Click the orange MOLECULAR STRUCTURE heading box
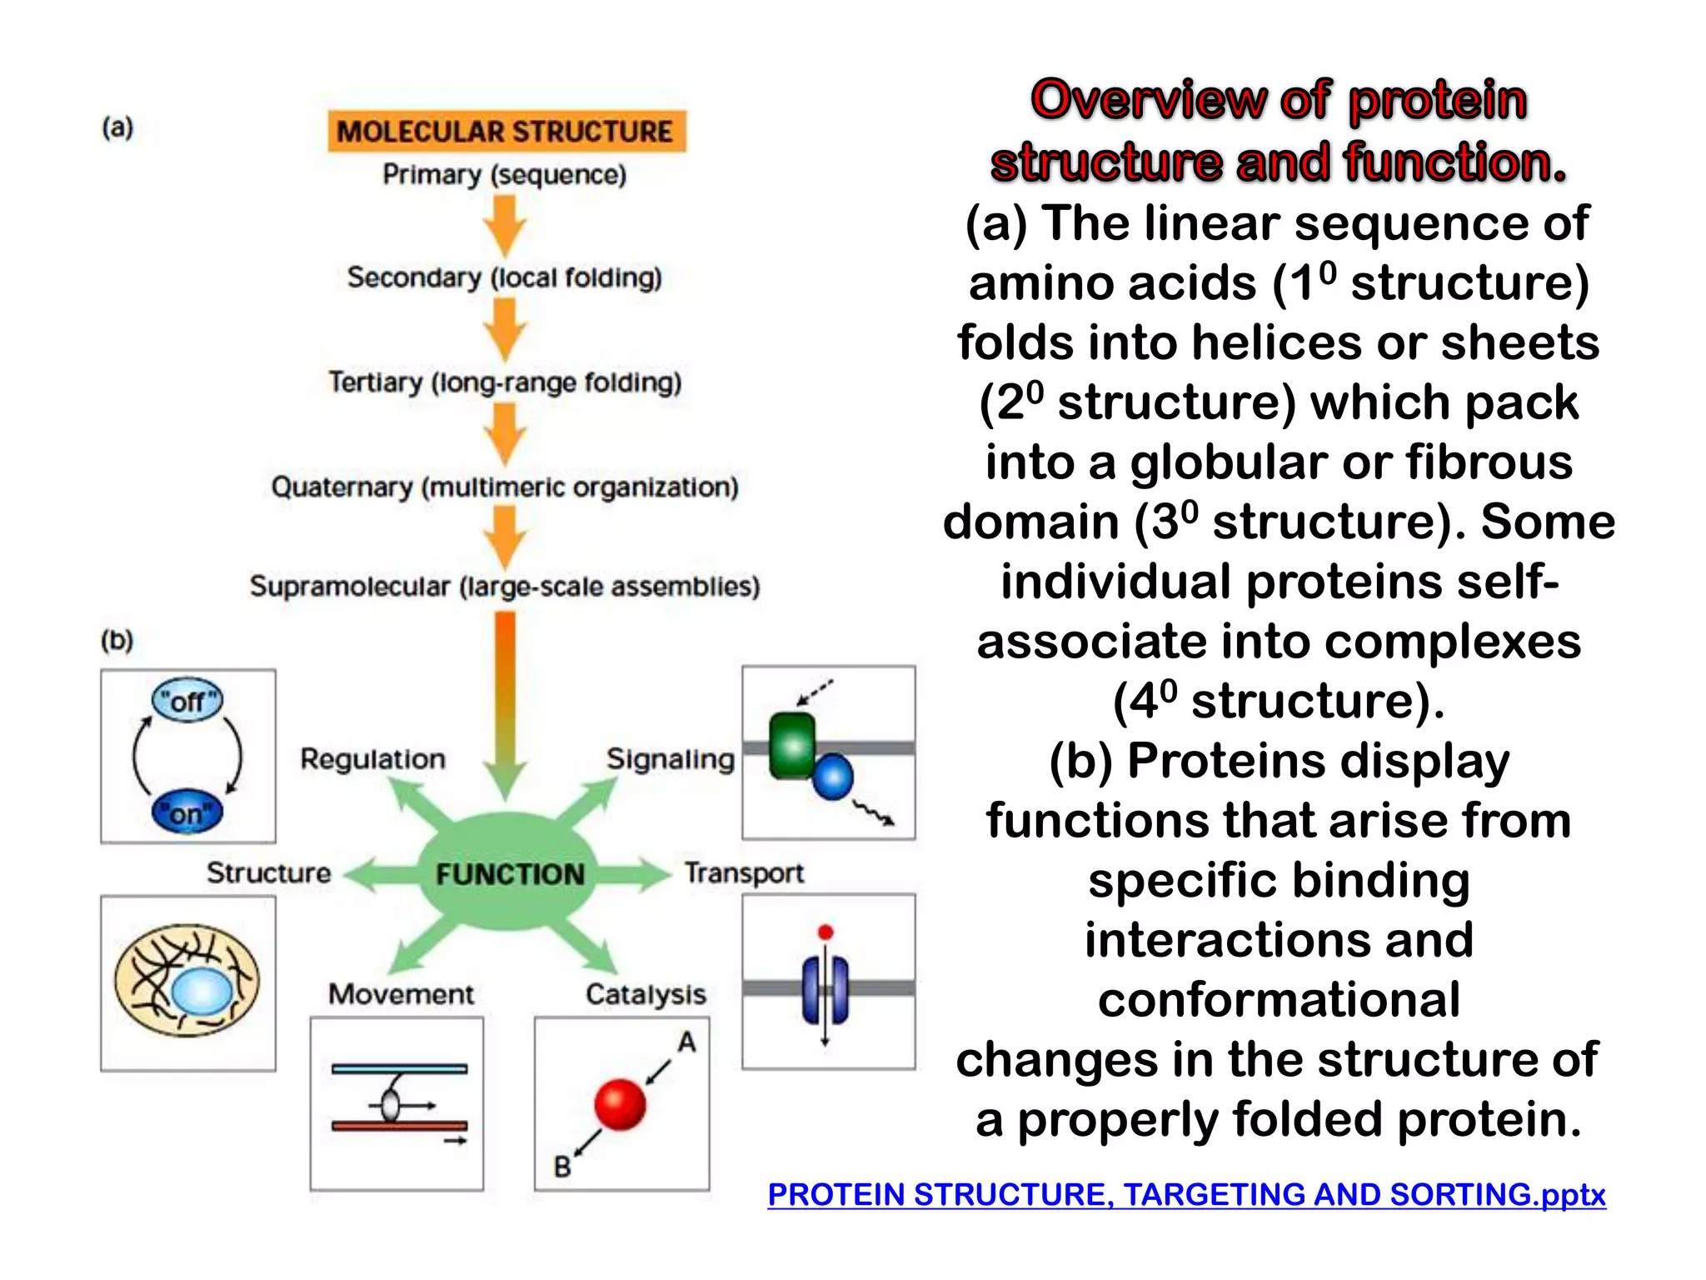pyautogui.click(x=506, y=132)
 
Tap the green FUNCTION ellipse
pyautogui.click(x=509, y=873)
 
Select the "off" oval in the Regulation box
pyautogui.click(x=187, y=701)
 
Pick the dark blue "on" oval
pyautogui.click(x=187, y=812)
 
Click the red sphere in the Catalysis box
pyautogui.click(x=620, y=1104)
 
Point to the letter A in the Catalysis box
pyautogui.click(x=686, y=1042)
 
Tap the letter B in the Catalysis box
pyautogui.click(x=562, y=1167)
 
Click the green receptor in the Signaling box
pyautogui.click(x=791, y=744)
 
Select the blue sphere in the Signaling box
pyautogui.click(x=832, y=777)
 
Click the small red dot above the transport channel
pyautogui.click(x=825, y=932)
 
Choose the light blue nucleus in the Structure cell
pyautogui.click(x=202, y=992)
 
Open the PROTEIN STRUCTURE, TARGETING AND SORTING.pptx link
pyautogui.click(x=1185, y=1194)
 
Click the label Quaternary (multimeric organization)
pyautogui.click(x=505, y=487)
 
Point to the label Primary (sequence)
pyautogui.click(x=504, y=175)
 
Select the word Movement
pyautogui.click(x=401, y=994)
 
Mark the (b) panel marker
pyautogui.click(x=117, y=640)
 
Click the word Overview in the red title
pyautogui.click(x=1147, y=100)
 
